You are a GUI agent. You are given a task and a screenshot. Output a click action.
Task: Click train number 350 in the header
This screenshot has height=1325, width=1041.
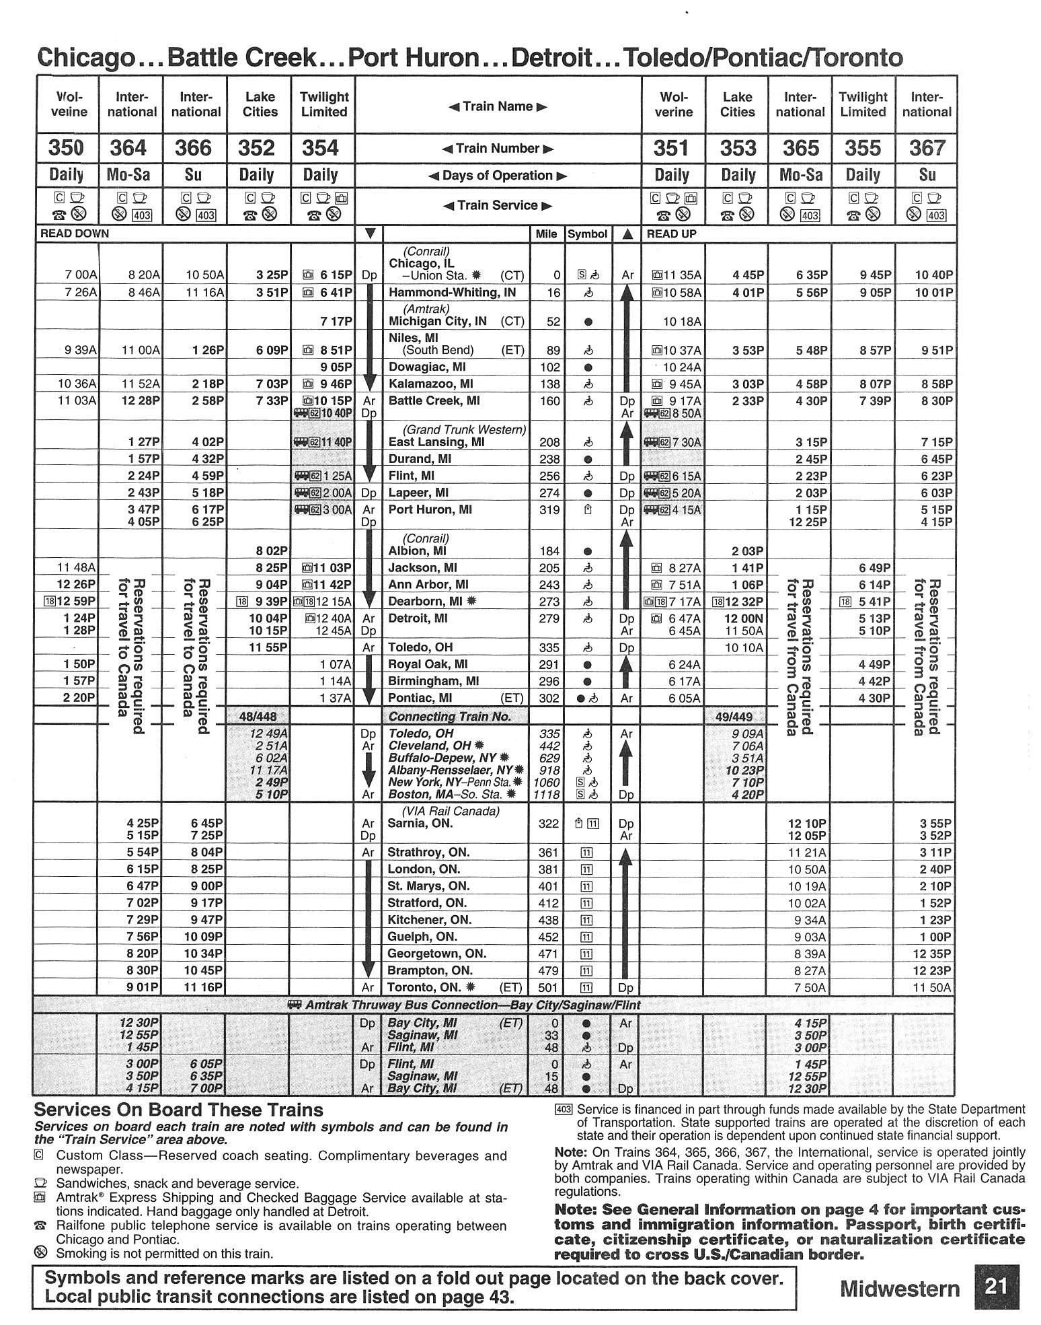pyautogui.click(x=66, y=148)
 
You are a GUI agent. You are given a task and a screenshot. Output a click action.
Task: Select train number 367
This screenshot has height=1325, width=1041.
pyautogui.click(x=927, y=148)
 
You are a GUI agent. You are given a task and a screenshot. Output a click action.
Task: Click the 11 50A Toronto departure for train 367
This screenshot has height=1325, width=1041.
pyautogui.click(x=933, y=987)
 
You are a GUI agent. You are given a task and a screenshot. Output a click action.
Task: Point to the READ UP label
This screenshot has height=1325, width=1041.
pyautogui.click(x=671, y=234)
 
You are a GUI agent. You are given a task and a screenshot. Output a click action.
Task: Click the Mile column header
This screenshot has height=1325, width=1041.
pyautogui.click(x=546, y=234)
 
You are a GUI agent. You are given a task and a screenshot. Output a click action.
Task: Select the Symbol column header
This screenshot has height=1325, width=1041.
pyautogui.click(x=588, y=234)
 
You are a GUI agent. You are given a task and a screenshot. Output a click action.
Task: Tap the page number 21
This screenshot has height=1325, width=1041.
pyautogui.click(x=995, y=1286)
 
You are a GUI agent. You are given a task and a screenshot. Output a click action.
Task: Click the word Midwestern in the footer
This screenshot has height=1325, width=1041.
pyautogui.click(x=900, y=1288)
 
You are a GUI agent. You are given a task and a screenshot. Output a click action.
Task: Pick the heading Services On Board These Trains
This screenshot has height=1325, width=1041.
pyautogui.click(x=178, y=1110)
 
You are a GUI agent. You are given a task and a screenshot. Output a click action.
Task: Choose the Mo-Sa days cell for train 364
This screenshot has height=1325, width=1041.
pyautogui.click(x=130, y=176)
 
